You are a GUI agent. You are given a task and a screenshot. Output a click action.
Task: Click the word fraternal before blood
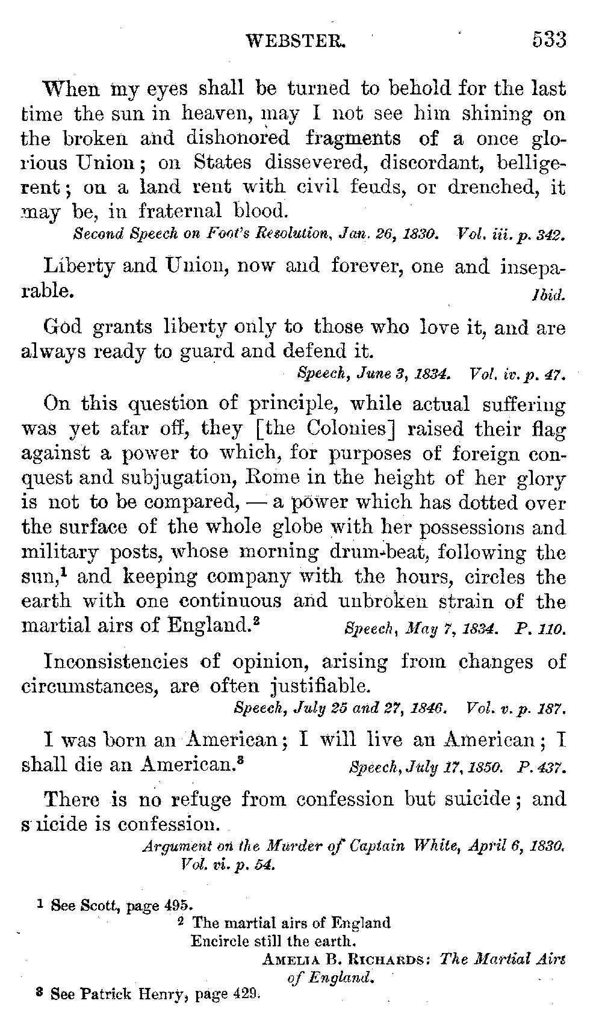[x=182, y=211]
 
